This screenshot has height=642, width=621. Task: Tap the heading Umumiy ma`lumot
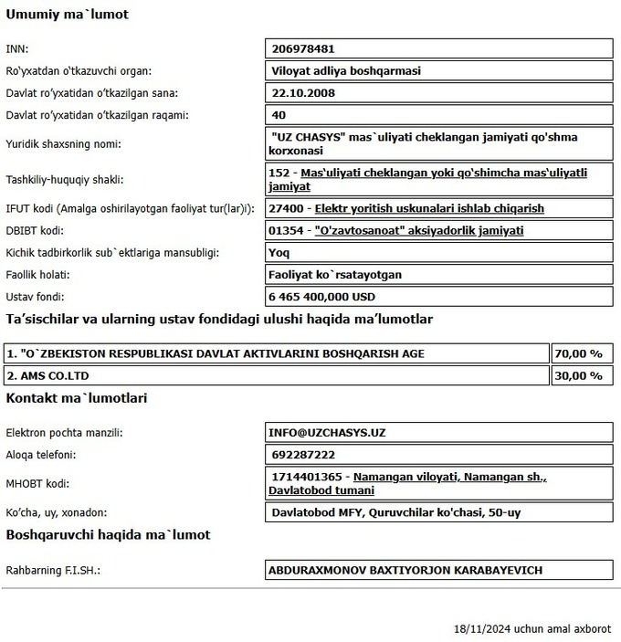coord(68,15)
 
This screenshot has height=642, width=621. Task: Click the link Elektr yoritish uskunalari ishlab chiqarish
coord(429,208)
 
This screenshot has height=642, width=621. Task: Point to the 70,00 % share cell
coord(581,353)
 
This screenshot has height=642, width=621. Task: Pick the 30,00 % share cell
coord(581,374)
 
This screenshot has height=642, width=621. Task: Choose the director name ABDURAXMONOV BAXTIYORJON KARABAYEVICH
coord(405,570)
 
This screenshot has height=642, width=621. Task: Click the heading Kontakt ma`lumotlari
coord(77,398)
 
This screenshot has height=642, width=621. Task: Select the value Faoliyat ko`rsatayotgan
coord(335,274)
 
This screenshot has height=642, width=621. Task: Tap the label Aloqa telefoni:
coord(40,454)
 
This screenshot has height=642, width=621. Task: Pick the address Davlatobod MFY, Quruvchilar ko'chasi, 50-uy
coord(396,512)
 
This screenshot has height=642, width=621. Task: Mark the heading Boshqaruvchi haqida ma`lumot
coord(108,534)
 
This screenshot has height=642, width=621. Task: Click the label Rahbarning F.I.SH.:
coord(52,570)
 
